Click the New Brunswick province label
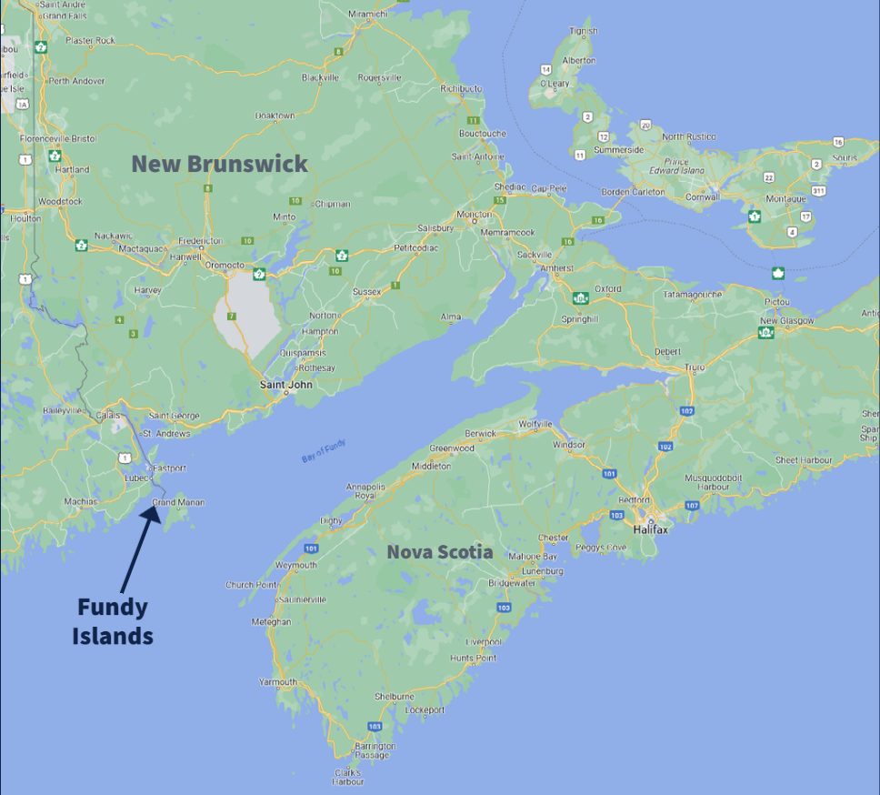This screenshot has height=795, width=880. [220, 164]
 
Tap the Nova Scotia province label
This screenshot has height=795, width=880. [440, 551]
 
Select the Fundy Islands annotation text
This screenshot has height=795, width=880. [113, 621]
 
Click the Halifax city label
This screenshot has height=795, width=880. [651, 529]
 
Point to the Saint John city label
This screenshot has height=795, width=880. [286, 384]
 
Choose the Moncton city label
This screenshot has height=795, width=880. [474, 216]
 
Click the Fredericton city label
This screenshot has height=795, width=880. [199, 241]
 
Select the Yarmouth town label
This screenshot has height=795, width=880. [278, 681]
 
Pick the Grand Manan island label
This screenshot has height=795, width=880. [178, 501]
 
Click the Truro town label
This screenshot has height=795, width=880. [695, 367]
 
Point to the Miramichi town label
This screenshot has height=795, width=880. [367, 14]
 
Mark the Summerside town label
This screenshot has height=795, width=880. [618, 149]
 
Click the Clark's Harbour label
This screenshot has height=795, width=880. [347, 776]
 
